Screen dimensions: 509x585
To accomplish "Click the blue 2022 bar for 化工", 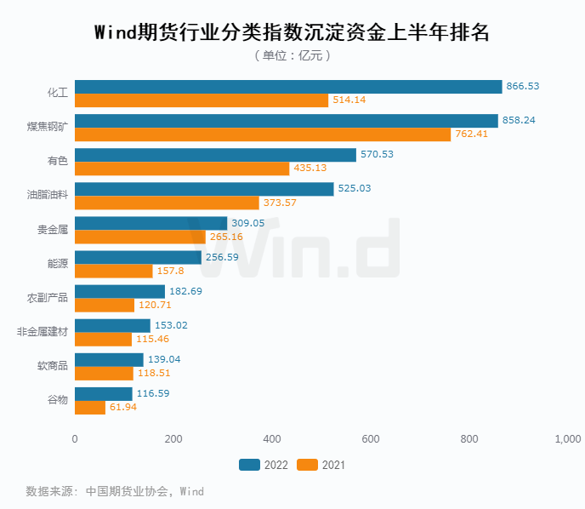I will (288, 87).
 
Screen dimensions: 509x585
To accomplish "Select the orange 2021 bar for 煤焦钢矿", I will (263, 134).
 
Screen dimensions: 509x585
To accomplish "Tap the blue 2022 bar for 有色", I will (215, 155).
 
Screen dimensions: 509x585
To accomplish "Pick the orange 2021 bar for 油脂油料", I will (167, 203).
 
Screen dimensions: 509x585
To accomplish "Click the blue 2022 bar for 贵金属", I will (151, 223).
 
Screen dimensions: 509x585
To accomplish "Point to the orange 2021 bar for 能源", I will (114, 271).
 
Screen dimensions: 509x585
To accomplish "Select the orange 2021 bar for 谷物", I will (90, 407).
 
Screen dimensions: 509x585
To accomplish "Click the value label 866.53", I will (523, 87).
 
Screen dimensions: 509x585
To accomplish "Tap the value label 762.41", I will (472, 134).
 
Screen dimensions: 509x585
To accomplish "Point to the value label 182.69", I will (186, 291).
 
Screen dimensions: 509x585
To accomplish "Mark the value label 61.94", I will (123, 407).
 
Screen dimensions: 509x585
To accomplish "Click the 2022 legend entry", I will (264, 465).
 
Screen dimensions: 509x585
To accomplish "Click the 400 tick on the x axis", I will (272, 439).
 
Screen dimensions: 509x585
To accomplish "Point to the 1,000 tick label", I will (567, 439).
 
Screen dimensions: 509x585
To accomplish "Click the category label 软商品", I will (53, 366).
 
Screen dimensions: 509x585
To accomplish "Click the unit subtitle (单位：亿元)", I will (292, 55).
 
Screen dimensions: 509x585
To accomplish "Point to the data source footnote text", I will (115, 491).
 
